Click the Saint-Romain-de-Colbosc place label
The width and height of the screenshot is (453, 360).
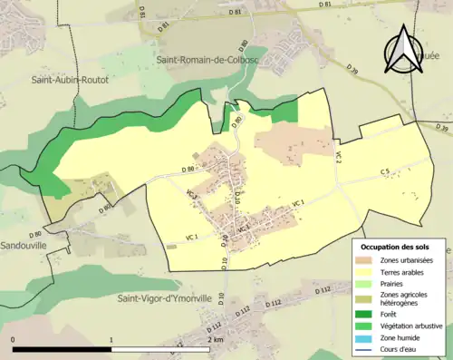(207, 62)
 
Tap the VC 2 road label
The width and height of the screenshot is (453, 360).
(338, 156)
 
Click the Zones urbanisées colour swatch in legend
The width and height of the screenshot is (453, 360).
(367, 260)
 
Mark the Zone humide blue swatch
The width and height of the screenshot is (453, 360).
(367, 337)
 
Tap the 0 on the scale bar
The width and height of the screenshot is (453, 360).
(13, 339)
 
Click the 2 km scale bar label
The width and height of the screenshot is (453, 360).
(213, 339)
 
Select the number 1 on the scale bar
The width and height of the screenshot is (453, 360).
(112, 339)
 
